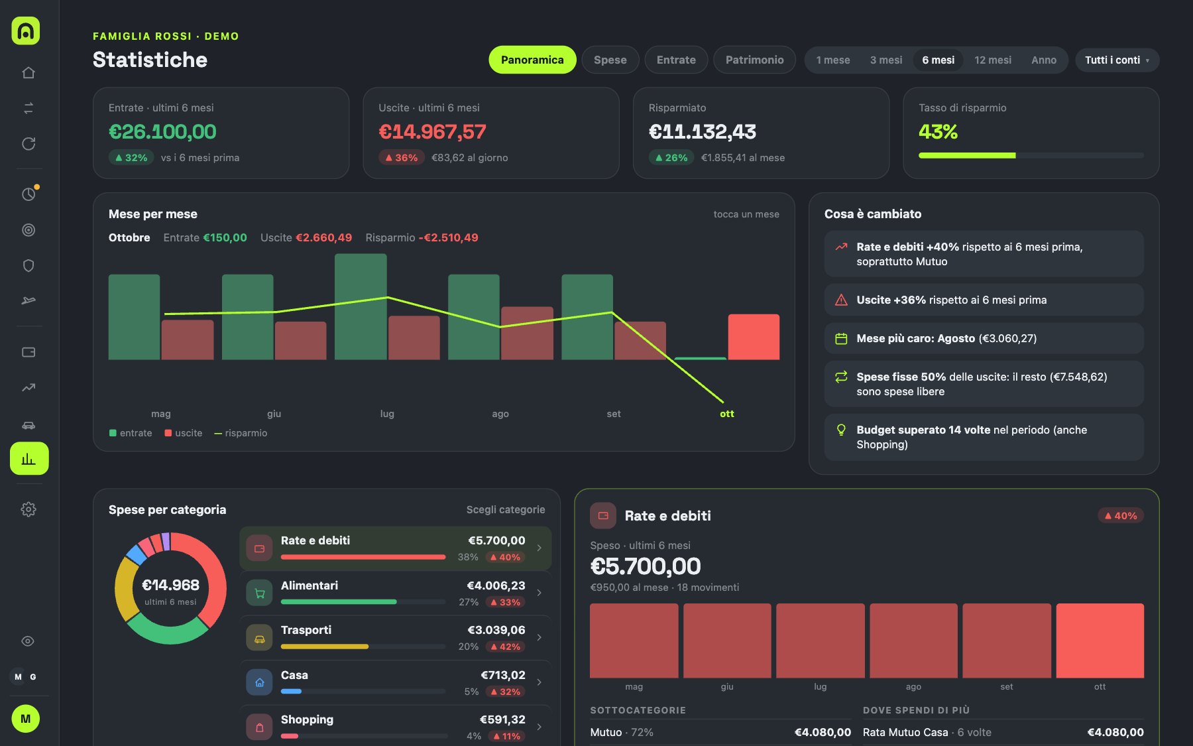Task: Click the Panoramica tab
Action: coord(532,60)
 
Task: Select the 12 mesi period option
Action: coord(992,60)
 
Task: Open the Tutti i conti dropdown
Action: coord(1117,60)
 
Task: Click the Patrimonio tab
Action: coord(754,60)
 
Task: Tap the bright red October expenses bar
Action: coord(754,337)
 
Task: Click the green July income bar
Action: coord(361,306)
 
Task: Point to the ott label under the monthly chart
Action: coord(727,414)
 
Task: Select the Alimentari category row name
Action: coord(310,586)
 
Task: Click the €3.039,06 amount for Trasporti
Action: coord(496,630)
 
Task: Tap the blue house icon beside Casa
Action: coord(259,682)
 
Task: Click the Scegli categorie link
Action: coord(506,509)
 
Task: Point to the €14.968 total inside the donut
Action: coord(170,585)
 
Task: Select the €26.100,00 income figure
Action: coord(162,132)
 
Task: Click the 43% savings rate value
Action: coord(938,132)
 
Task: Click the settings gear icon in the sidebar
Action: coord(28,509)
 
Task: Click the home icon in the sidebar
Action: coord(28,72)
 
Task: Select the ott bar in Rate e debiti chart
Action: coord(1100,641)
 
